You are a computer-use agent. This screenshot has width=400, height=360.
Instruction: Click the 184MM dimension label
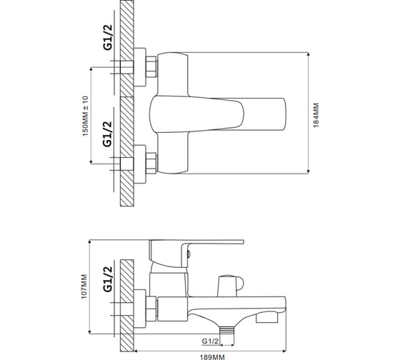pos(316,115)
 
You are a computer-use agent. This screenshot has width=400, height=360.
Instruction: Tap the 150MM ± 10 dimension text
pos(85,116)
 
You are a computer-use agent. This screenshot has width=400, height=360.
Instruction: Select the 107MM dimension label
pos(84,286)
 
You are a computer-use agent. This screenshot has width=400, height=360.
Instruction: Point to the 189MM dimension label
pos(212,357)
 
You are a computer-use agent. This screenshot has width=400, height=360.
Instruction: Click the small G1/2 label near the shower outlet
pos(210,341)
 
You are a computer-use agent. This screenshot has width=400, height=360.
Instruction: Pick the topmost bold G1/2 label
pos(108,37)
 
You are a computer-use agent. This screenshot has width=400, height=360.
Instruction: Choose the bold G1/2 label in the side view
pos(108,279)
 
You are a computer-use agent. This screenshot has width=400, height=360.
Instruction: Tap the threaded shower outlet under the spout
pos(227,330)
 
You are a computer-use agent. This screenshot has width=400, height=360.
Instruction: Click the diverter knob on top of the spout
pos(230,286)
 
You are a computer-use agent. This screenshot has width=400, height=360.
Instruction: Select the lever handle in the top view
pos(217,114)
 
